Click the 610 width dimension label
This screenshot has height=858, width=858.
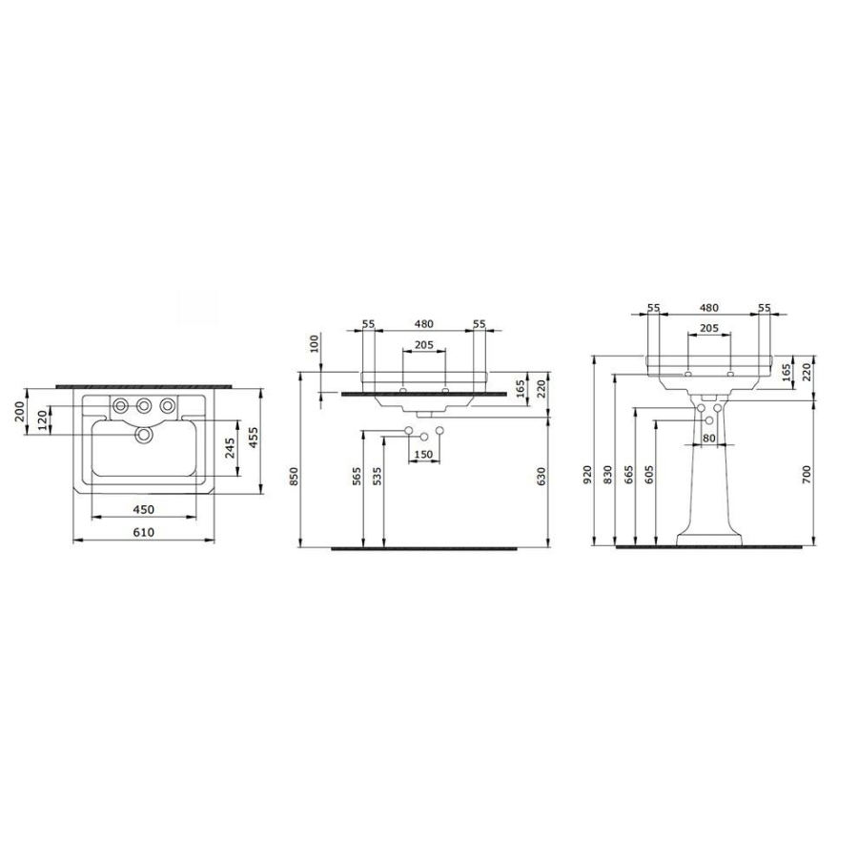[x=143, y=532]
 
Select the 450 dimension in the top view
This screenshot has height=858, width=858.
[x=143, y=509]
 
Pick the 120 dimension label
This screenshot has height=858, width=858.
[x=43, y=421]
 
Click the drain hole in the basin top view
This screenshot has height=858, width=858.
[x=144, y=435]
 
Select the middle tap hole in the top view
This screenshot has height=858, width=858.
[x=144, y=405]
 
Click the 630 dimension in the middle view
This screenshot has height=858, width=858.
[x=541, y=478]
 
